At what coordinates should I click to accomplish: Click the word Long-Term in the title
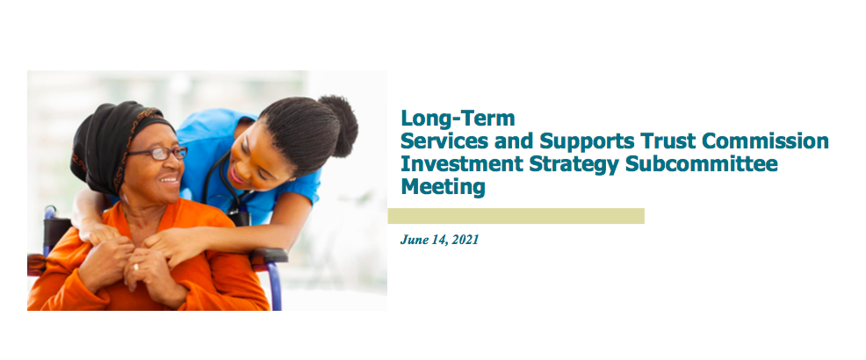click(458, 119)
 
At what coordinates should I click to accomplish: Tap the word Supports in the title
click(587, 142)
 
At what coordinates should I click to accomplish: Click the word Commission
click(766, 140)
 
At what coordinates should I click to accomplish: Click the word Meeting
click(443, 188)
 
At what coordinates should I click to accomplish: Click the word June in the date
click(412, 240)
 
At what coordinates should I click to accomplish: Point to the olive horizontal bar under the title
click(516, 216)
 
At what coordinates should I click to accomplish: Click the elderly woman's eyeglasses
click(160, 154)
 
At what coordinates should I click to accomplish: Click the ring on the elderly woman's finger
click(136, 267)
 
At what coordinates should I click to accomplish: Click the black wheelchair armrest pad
click(269, 256)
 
